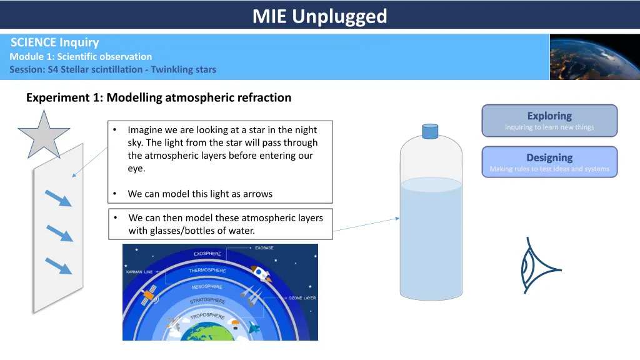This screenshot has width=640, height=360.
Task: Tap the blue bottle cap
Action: (x=430, y=131)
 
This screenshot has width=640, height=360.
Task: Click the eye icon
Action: (x=539, y=266)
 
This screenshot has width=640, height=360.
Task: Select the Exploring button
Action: (x=549, y=121)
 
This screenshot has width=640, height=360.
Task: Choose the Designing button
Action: (x=549, y=162)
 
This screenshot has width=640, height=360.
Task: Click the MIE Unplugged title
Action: (x=319, y=16)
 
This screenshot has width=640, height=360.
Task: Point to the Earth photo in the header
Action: (x=595, y=57)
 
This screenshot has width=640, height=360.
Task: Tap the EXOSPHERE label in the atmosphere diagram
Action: (x=207, y=254)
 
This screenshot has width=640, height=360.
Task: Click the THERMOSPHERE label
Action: (x=207, y=270)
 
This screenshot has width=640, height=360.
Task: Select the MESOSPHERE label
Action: (x=207, y=286)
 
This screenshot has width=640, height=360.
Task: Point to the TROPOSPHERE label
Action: (x=207, y=316)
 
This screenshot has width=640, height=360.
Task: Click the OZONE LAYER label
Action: (x=302, y=298)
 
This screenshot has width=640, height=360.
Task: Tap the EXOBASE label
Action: (x=264, y=247)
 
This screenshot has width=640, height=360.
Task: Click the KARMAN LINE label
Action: (x=139, y=272)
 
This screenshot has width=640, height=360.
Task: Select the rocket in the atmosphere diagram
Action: (x=261, y=274)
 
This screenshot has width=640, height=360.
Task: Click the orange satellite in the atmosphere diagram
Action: (x=149, y=295)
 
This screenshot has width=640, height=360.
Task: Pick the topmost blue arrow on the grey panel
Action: (x=58, y=198)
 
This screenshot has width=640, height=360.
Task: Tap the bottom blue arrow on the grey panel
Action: (x=58, y=266)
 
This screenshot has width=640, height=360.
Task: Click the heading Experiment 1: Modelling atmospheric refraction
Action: (x=159, y=97)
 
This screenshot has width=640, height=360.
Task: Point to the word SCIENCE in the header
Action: (x=34, y=42)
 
